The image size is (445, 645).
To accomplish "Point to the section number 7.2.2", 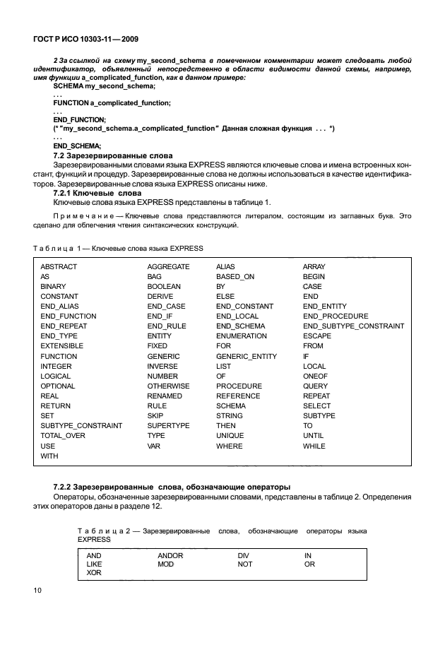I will click(x=64, y=487).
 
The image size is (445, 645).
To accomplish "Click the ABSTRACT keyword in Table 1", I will click(x=59, y=267).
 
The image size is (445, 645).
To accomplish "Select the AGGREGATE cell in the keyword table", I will click(x=168, y=267).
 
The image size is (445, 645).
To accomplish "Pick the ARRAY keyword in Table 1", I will click(x=314, y=267).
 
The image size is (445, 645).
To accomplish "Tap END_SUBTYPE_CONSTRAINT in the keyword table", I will click(x=353, y=326).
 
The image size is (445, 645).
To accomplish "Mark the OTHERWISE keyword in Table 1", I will click(x=168, y=386).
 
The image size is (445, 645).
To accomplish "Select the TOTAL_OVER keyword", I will click(x=63, y=436).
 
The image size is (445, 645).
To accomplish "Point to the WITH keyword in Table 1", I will click(x=49, y=456).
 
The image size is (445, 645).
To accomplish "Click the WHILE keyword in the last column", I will click(x=314, y=446).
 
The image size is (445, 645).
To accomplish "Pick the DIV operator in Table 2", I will click(x=244, y=556).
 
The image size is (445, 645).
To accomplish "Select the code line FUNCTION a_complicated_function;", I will click(x=112, y=102).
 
